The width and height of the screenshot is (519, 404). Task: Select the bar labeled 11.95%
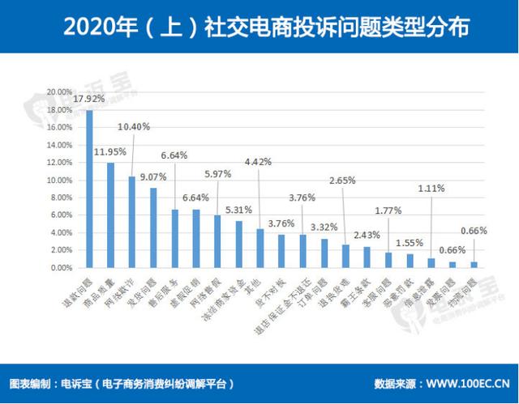click(x=110, y=215)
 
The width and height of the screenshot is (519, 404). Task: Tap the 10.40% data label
click(x=134, y=127)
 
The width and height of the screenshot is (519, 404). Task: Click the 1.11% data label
click(x=431, y=187)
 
